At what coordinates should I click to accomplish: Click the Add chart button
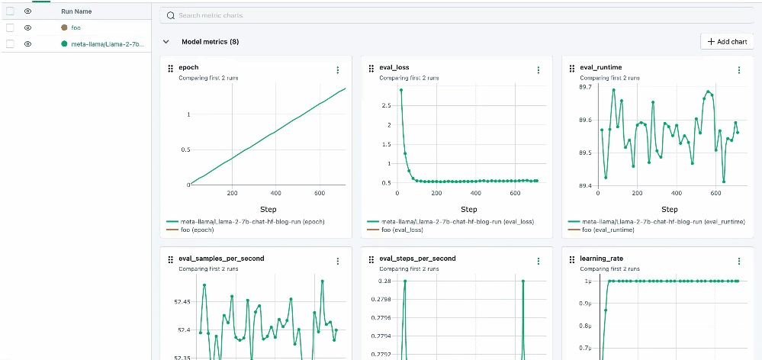(x=727, y=42)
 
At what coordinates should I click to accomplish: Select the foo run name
(x=76, y=27)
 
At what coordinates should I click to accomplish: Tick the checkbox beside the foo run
(x=11, y=27)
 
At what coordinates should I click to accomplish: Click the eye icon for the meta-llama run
(x=27, y=44)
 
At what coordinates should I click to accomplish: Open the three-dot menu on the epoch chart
(x=338, y=70)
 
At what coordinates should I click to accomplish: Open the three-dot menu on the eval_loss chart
(x=539, y=70)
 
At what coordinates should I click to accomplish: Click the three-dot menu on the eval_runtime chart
(x=738, y=70)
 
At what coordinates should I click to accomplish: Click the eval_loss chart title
(x=394, y=68)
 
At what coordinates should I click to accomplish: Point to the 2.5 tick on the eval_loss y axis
(x=386, y=105)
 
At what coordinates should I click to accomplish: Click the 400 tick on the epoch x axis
(x=276, y=194)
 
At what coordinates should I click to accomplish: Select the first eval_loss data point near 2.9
(x=401, y=90)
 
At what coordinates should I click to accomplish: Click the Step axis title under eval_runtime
(x=669, y=210)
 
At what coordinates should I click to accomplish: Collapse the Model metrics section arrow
(x=166, y=42)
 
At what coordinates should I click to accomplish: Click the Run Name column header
(x=76, y=11)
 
